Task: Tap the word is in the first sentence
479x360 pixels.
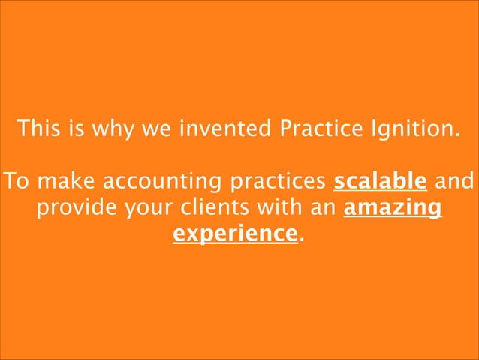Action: pos(76,129)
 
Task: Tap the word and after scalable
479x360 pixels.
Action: pos(454,182)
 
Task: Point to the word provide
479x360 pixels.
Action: pos(71,208)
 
